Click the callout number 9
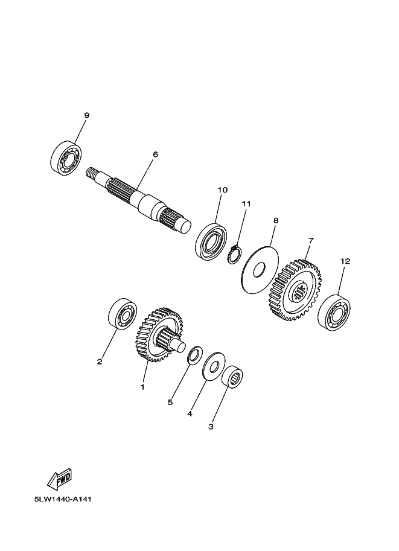tap(86, 115)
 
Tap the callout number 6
tap(155, 154)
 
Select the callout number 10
tap(223, 190)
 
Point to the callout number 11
tap(246, 203)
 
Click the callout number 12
tap(345, 261)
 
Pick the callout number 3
tap(211, 427)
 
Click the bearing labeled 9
tap(66, 158)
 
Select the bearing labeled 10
tap(211, 242)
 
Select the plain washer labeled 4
tap(214, 366)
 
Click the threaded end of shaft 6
tap(92, 173)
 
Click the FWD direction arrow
tap(60, 479)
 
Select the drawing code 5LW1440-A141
tap(63, 499)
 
